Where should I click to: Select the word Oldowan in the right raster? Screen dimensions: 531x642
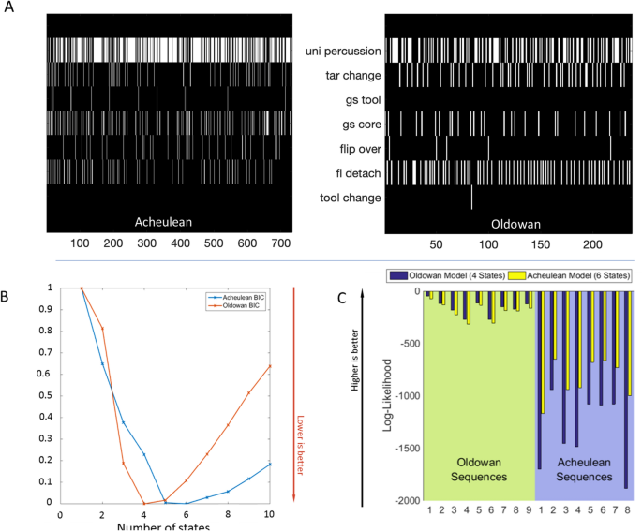(x=518, y=224)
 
